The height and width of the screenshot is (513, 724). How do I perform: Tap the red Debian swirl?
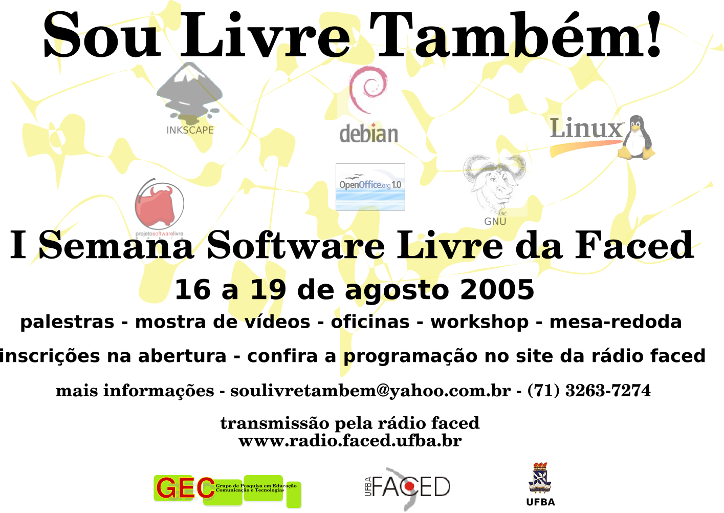(368, 89)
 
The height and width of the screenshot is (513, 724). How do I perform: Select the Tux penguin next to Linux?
(636, 137)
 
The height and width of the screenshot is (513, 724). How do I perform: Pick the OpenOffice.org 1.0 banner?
(370, 187)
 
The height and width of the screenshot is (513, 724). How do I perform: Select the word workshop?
(479, 322)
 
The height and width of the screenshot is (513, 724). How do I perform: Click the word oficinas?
(370, 322)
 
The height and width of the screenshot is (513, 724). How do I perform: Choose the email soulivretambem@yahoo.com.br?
(370, 391)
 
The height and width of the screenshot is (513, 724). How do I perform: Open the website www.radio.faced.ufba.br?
(350, 441)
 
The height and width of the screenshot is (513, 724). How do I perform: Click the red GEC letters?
(185, 488)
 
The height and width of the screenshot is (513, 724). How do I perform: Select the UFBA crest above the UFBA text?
(540, 478)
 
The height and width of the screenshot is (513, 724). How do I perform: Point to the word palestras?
(67, 322)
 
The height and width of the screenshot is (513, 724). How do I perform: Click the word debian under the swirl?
(368, 134)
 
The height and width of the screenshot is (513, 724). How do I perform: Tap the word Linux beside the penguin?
(585, 128)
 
